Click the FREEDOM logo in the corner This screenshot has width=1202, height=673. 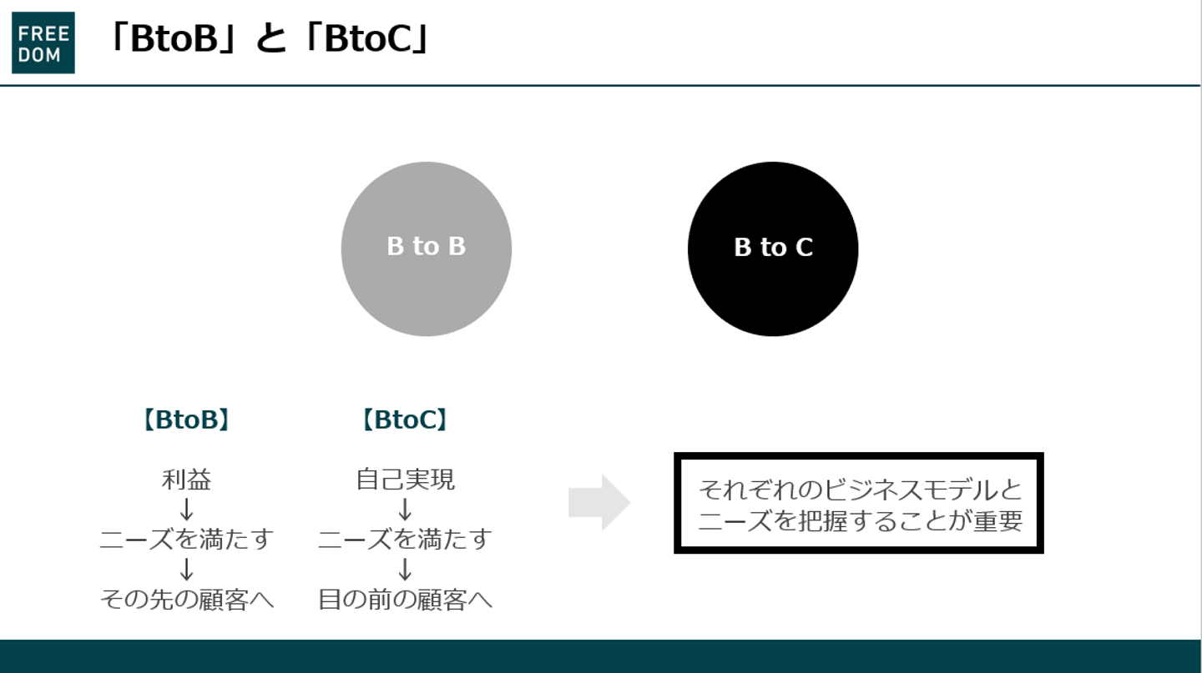click(43, 43)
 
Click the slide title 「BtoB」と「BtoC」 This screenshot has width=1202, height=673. click(269, 38)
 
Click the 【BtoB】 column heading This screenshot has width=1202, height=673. click(186, 419)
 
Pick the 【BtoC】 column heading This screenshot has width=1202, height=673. click(405, 419)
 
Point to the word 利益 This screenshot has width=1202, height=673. click(186, 480)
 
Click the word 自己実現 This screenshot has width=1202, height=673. click(405, 480)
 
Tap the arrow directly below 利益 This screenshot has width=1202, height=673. click(186, 509)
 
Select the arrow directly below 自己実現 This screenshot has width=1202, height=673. click(405, 509)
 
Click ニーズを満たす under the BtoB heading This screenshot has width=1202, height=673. click(186, 539)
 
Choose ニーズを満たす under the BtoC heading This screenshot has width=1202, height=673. click(405, 539)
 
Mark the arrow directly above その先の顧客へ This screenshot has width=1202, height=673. click(186, 569)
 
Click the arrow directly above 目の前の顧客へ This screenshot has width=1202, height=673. click(405, 569)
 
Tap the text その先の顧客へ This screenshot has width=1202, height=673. click(186, 599)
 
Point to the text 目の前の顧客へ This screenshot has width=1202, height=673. click(405, 599)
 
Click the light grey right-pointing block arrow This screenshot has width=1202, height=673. click(598, 502)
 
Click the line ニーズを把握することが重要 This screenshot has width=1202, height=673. click(859, 520)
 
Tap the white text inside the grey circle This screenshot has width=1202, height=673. click(426, 247)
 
